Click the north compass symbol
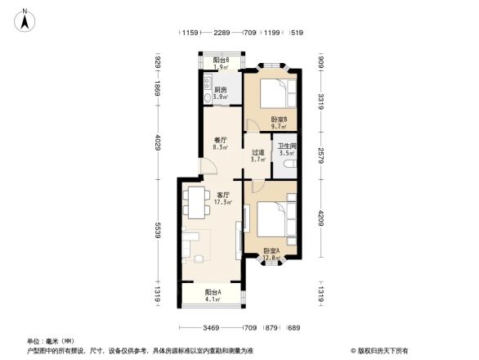click(x=25, y=18)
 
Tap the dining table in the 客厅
click(x=197, y=198)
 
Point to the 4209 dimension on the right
click(x=322, y=218)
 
